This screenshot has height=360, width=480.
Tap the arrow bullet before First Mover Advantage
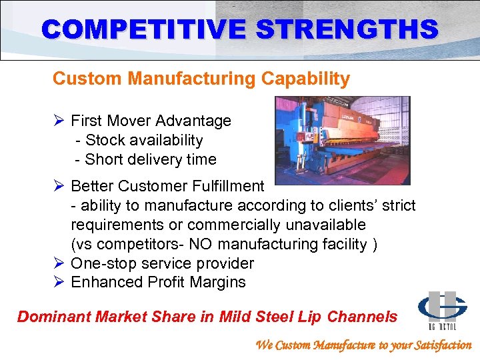(58, 121)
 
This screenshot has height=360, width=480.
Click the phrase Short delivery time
(151, 159)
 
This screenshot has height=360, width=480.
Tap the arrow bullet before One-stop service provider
(58, 263)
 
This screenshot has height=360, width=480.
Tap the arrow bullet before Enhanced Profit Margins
(58, 282)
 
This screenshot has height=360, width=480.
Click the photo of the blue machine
(343, 140)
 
